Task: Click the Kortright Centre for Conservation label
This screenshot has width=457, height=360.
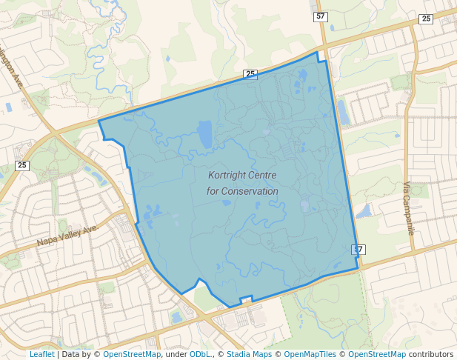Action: (x=242, y=183)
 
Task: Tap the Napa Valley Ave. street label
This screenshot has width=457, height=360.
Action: (x=68, y=236)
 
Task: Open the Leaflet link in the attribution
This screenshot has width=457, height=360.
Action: (x=41, y=354)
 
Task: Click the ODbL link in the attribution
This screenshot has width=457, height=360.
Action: (x=200, y=354)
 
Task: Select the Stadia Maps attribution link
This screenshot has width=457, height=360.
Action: (x=247, y=354)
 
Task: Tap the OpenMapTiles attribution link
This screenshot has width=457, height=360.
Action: (x=309, y=354)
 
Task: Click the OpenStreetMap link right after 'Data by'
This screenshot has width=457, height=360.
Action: (x=132, y=354)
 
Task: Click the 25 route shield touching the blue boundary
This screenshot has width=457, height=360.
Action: (x=250, y=74)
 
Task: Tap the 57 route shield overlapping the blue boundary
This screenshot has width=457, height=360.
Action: (x=358, y=249)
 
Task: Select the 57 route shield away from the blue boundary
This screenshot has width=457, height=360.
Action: (x=320, y=16)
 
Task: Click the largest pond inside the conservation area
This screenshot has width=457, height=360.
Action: (x=204, y=134)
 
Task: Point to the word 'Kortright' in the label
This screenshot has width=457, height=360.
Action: (x=227, y=176)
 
